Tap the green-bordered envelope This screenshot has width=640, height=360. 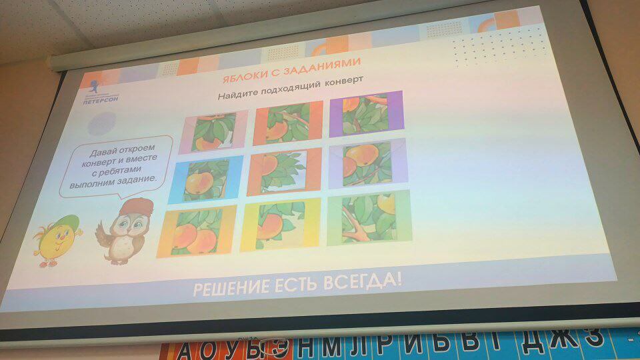tap(369, 217)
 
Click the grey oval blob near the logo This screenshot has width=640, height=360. tap(102, 123)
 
